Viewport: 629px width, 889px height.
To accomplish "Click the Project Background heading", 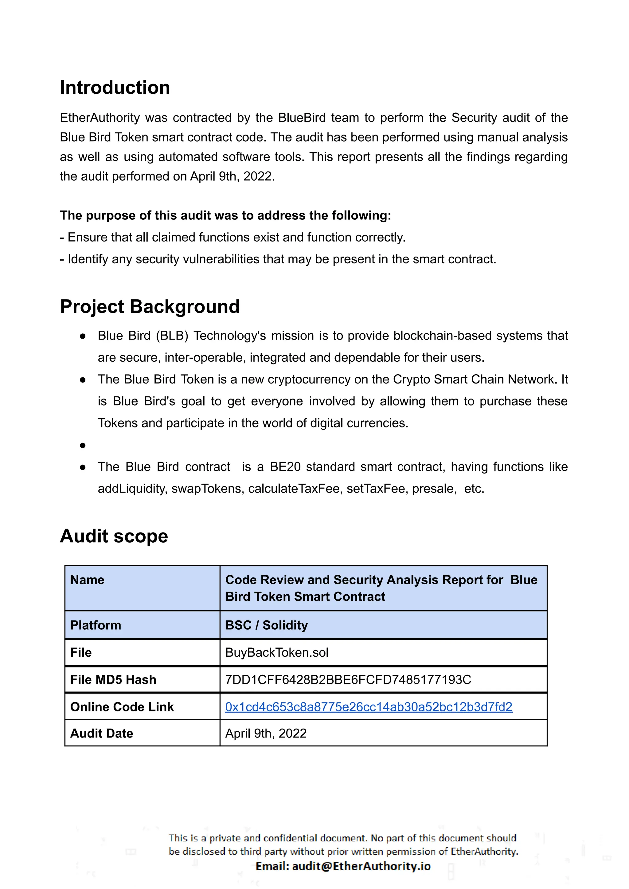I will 150,307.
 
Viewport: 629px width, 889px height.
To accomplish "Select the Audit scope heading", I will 114,536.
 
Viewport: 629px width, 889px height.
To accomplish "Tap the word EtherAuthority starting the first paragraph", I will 100,118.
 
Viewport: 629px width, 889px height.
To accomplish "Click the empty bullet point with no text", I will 83,445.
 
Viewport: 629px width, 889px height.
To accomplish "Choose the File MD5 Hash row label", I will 113,679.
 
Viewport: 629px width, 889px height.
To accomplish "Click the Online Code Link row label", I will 122,706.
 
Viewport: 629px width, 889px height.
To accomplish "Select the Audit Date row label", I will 101,733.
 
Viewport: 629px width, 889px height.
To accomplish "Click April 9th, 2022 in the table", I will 266,733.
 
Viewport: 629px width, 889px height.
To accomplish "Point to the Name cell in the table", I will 88,580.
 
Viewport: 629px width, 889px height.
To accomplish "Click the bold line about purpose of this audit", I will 225,215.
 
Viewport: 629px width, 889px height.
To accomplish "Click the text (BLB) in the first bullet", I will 172,336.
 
